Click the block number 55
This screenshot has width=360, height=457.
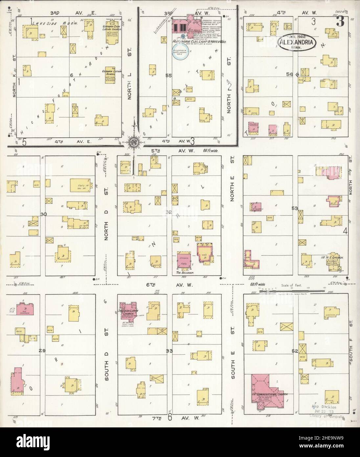pyautogui.click(x=169, y=75)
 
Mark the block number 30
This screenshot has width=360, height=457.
pyautogui.click(x=43, y=214)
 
